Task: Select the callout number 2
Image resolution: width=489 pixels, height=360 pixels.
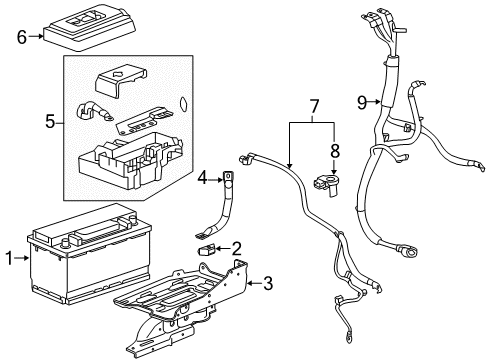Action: (236, 247)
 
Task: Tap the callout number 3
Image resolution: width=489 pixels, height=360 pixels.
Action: (266, 283)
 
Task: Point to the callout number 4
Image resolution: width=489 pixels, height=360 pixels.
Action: (202, 180)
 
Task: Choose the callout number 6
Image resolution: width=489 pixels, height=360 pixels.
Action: (21, 37)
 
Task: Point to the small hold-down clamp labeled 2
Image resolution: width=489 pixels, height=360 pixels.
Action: (209, 248)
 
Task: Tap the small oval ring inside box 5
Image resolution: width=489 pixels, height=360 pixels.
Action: (182, 102)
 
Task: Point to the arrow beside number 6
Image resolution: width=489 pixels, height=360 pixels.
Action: (35, 37)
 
